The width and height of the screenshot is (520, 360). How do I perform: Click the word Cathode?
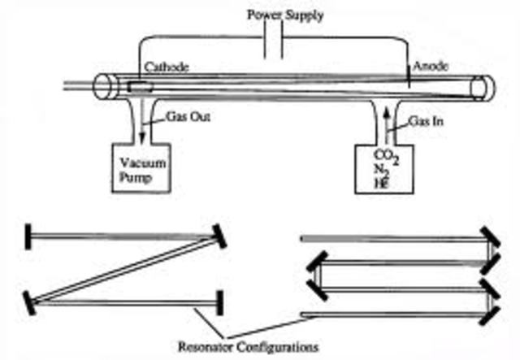click(167, 69)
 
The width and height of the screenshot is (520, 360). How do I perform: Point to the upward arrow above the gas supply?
click(386, 127)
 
